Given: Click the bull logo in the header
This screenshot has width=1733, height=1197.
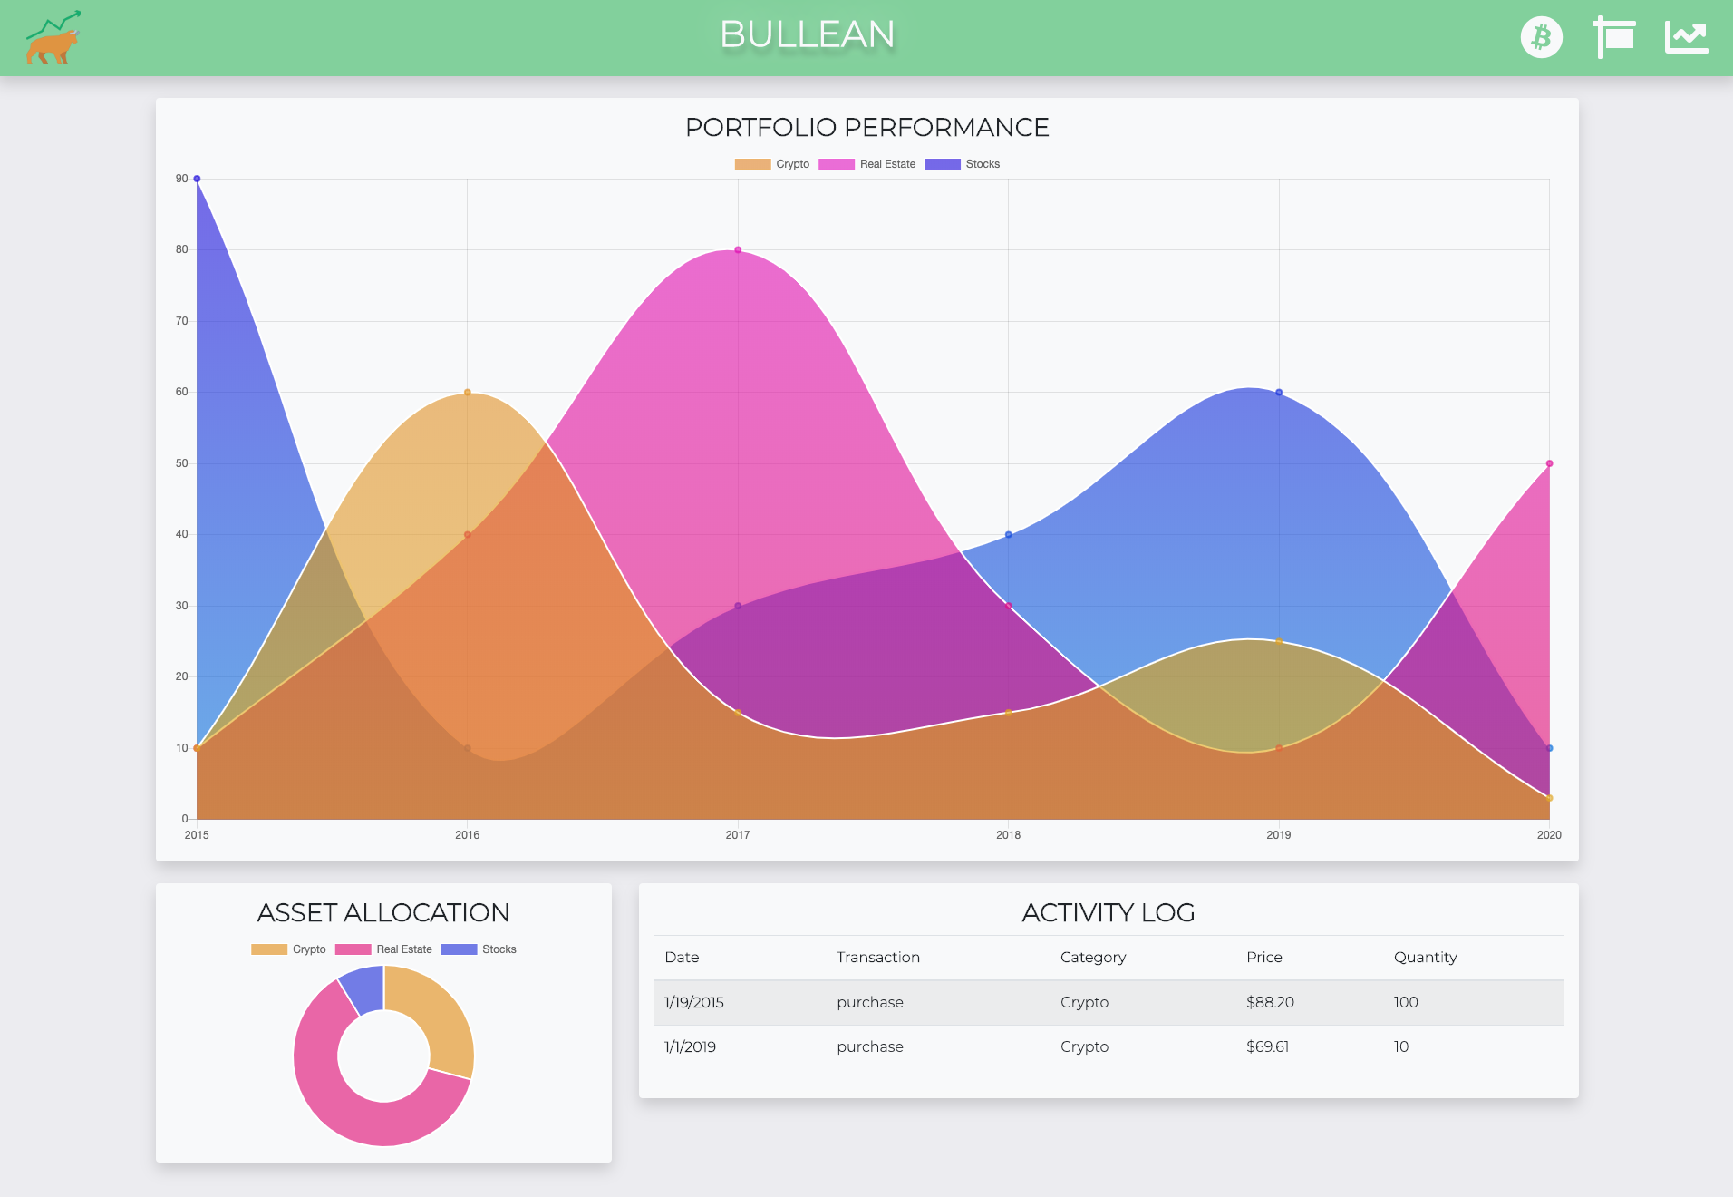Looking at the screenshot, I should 53,38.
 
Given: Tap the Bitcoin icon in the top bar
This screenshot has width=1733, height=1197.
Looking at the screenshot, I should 1541,38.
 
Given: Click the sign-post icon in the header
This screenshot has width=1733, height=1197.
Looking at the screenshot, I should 1613,37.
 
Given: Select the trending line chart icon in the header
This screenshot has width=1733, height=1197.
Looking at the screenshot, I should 1686,37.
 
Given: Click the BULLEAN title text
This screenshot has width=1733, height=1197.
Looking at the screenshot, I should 807,34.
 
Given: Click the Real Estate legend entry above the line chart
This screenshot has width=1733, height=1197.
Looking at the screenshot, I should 867,164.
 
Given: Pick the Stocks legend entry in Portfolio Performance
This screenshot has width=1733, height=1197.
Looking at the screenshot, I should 962,164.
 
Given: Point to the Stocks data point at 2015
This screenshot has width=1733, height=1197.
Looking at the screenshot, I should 197,179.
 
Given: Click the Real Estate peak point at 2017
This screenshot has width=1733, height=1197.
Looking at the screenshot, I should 738,250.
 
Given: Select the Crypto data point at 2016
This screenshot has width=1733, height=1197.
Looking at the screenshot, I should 468,393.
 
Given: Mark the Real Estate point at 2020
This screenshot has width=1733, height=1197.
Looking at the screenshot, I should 1549,463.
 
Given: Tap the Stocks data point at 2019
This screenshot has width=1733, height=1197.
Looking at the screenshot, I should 1279,393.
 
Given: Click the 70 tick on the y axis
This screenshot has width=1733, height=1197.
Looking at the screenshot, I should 182,321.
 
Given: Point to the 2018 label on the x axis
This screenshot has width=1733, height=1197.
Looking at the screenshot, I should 1008,835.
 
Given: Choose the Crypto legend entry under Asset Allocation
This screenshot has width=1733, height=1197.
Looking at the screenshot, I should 288,949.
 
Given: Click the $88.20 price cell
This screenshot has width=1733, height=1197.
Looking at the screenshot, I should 1270,1002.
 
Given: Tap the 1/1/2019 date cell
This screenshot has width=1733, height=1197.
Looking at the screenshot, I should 690,1046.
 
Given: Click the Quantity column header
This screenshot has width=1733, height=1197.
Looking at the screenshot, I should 1425,957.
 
